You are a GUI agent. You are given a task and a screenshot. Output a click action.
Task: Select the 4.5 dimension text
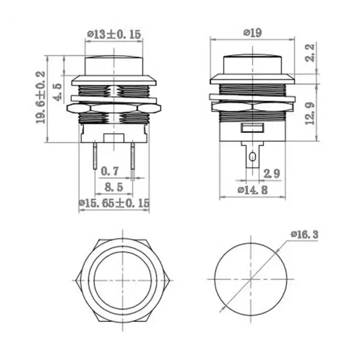[x=57, y=92]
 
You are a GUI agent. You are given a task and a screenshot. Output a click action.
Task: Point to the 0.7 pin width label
[x=110, y=171]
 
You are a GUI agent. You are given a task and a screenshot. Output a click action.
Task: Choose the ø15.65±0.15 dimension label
[x=113, y=203]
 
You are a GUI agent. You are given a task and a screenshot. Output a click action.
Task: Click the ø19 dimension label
[x=252, y=32]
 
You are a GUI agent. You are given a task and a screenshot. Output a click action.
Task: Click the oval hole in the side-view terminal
[x=252, y=157]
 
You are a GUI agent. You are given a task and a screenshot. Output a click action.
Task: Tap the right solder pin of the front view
[x=133, y=155]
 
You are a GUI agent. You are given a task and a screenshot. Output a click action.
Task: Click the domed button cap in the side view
[x=252, y=63]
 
